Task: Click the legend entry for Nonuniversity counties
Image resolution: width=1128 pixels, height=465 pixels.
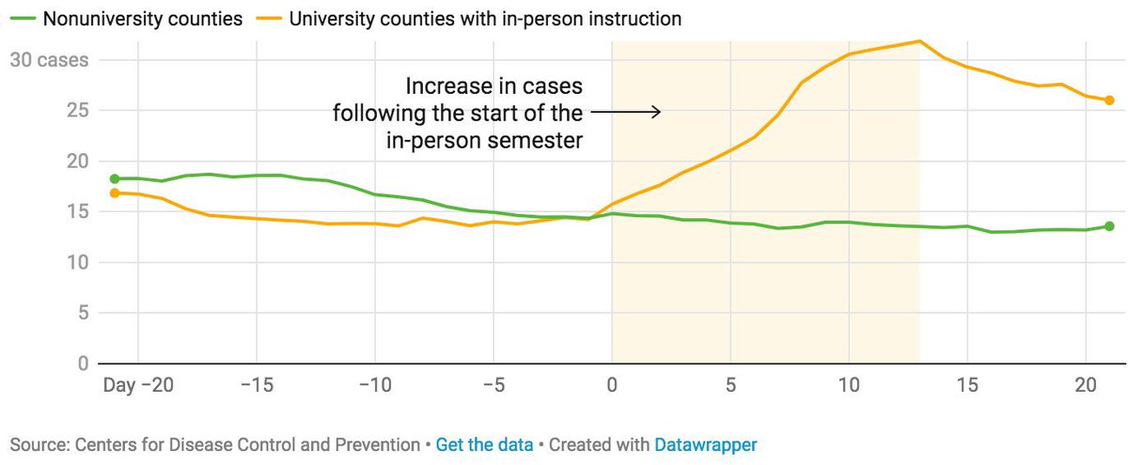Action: [x=127, y=18]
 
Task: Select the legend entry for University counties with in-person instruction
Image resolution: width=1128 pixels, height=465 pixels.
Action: [x=484, y=18]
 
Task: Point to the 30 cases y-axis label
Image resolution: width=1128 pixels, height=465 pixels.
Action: [x=48, y=60]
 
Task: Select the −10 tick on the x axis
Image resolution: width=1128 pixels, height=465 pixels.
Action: [x=374, y=385]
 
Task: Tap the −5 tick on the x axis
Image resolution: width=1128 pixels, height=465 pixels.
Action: [x=493, y=385]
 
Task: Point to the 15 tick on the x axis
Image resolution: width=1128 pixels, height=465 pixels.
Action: [x=967, y=385]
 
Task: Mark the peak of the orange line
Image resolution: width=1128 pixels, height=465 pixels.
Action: [x=919, y=40]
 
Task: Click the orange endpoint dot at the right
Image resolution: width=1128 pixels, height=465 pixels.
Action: [x=1109, y=101]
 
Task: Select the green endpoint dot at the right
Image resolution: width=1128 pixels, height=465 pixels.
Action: [x=1109, y=226]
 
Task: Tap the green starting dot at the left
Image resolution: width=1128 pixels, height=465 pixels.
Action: [x=115, y=178]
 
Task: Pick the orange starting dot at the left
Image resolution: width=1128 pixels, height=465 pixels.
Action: [x=115, y=194]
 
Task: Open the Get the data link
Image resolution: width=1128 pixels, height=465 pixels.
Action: [x=484, y=443]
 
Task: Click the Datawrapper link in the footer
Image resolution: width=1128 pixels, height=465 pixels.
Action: [x=705, y=443]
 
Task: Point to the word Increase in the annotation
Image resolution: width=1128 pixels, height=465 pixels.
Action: [x=446, y=86]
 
